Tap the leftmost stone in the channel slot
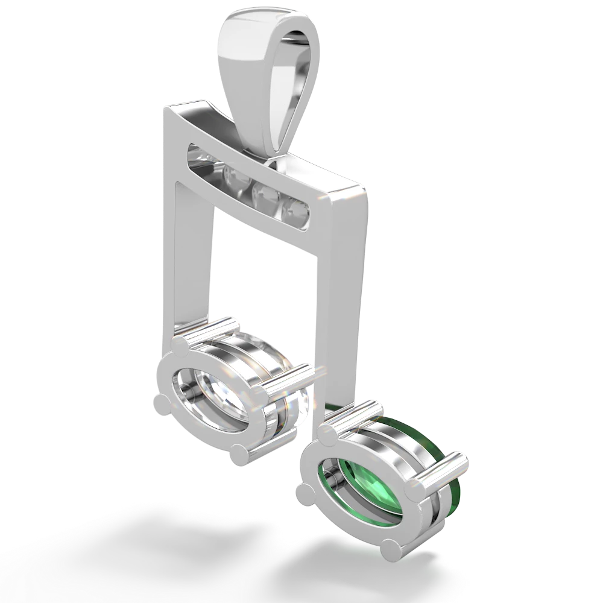pos(199,154)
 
